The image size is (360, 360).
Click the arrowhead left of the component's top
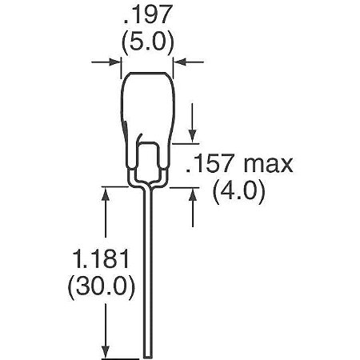tap(115, 60)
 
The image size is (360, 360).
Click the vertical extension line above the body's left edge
tap(122, 62)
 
